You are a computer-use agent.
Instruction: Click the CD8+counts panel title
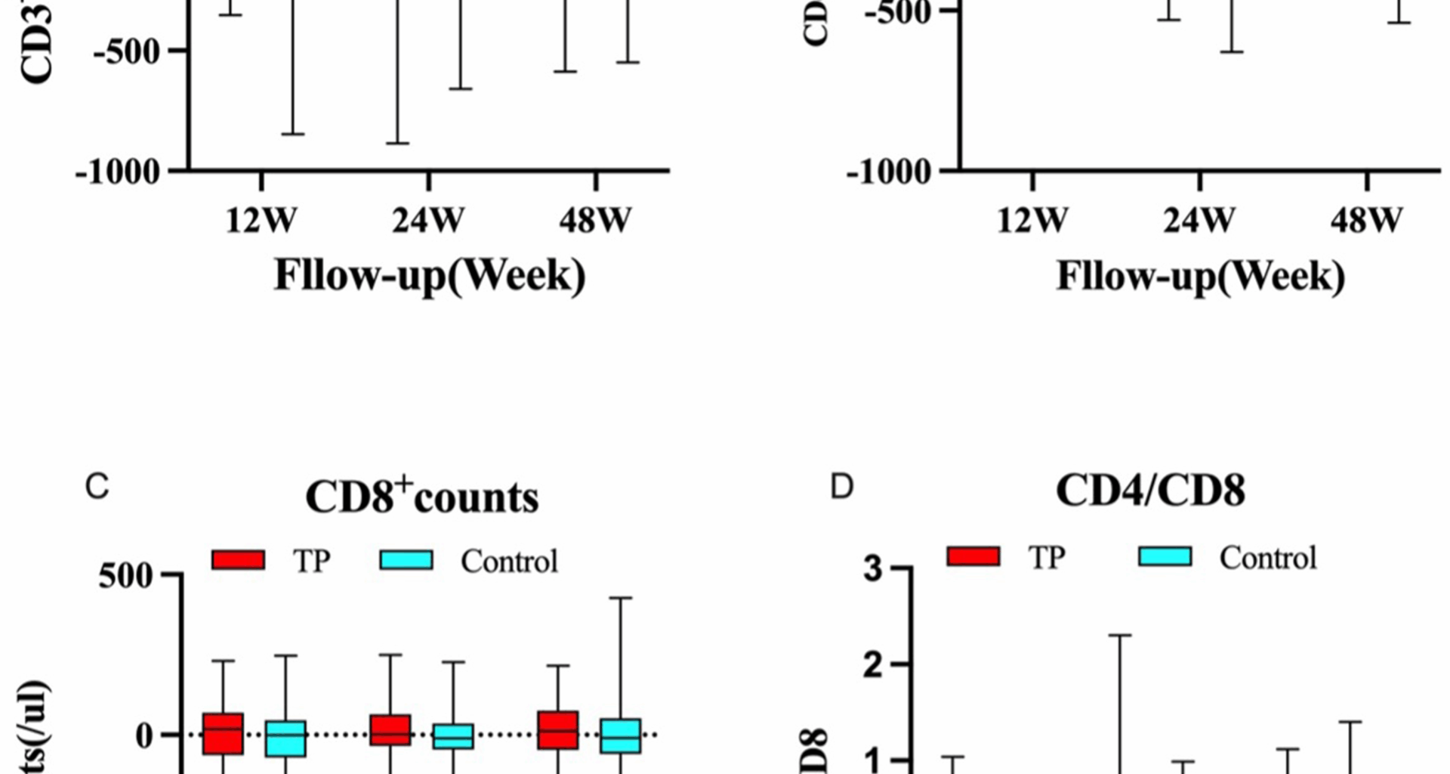(421, 497)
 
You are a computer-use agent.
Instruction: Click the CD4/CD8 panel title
(1149, 491)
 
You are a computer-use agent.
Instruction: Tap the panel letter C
(97, 488)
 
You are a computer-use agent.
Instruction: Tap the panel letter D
(841, 488)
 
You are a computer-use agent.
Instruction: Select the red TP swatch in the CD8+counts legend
(239, 560)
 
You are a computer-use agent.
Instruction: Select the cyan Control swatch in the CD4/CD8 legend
(1165, 557)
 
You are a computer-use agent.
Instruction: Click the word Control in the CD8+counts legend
(509, 562)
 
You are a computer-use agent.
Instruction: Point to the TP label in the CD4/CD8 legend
(1046, 558)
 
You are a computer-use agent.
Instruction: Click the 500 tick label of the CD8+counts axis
(125, 576)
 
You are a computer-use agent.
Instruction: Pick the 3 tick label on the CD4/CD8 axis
(873, 568)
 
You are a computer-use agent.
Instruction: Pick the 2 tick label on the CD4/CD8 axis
(873, 664)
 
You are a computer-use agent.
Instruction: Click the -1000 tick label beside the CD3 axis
(119, 172)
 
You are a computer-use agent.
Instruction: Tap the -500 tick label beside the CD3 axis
(128, 51)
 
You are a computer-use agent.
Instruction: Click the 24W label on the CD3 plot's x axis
(428, 221)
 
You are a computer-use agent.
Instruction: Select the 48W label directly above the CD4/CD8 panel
(1366, 221)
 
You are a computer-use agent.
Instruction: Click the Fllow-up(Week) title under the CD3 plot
(429, 275)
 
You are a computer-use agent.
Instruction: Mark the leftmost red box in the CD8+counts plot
(223, 733)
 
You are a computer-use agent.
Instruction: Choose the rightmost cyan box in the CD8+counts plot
(621, 735)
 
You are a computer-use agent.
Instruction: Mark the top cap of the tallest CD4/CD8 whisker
(1119, 635)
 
